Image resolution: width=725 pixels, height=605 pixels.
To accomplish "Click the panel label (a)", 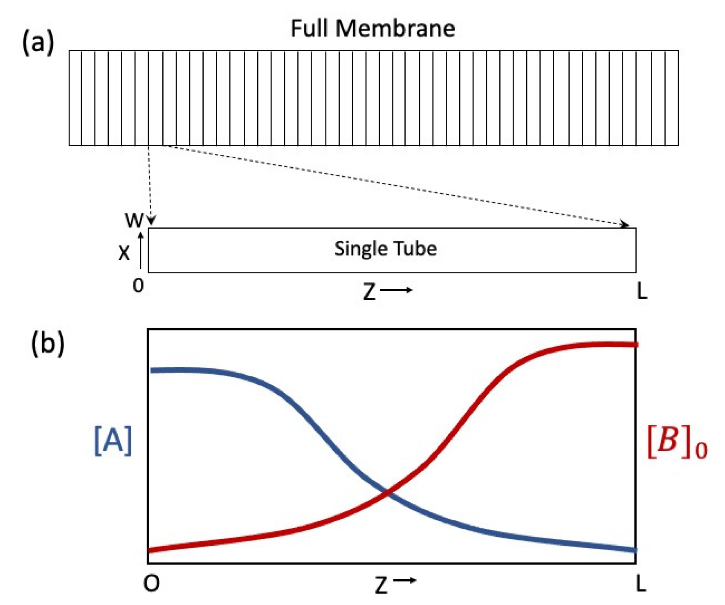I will coord(38,43).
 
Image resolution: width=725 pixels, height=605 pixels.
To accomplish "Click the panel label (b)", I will coord(47,344).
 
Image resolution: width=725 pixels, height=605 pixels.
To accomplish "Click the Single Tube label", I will coord(385,249).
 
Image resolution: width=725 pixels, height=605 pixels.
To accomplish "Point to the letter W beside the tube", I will coord(134,220).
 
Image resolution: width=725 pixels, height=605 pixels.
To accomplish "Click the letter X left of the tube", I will coord(123,253).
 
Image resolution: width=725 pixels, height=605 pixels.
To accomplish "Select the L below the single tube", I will coord(642,291).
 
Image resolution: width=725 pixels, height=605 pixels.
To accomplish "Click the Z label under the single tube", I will coord(369,292).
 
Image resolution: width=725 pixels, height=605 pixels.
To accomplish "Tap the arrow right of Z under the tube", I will coord(396,290).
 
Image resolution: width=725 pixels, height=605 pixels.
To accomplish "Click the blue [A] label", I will coord(113,441).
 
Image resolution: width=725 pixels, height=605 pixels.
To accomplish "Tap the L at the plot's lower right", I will coord(641,584).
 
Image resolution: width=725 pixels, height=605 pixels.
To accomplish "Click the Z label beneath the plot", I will coord(381,585).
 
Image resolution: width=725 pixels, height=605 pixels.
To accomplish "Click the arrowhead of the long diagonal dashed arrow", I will coord(625,224).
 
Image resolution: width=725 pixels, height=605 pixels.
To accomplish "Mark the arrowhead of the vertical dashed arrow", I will coord(151,221).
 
